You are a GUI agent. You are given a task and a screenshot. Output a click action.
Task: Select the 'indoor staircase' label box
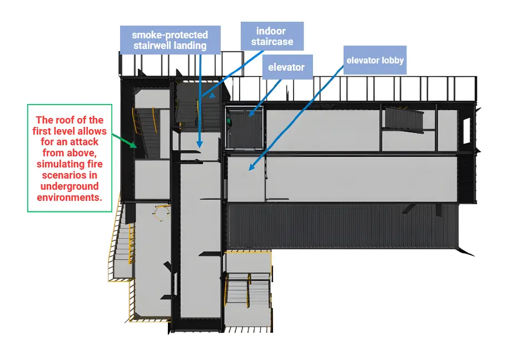pyautogui.click(x=272, y=36)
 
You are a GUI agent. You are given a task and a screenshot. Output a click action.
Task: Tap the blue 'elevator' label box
pyautogui.click(x=286, y=67)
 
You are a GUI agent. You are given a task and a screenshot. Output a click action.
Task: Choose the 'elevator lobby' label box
pyautogui.click(x=375, y=60)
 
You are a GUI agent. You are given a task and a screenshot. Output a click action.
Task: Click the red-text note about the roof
pyautogui.click(x=70, y=158)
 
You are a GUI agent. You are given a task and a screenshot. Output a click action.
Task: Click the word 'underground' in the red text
pyautogui.click(x=69, y=186)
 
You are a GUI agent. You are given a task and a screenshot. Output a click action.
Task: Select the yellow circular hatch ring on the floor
pyautogui.click(x=162, y=213)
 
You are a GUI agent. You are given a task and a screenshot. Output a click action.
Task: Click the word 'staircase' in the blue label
pyautogui.click(x=272, y=42)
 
